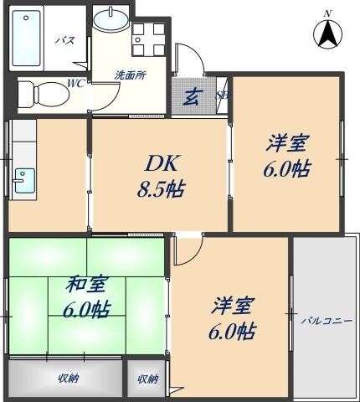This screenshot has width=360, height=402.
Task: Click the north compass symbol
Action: [x=329, y=34]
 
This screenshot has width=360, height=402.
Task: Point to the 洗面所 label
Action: [x=130, y=75]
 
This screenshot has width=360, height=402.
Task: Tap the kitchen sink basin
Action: [x=23, y=180]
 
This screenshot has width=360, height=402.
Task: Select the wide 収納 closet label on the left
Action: [x=68, y=379]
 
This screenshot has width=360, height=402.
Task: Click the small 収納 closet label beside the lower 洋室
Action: [x=147, y=379]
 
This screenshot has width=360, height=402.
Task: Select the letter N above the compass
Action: [x=327, y=13]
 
